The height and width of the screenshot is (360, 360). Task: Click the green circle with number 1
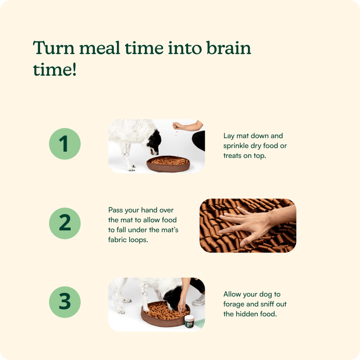[x=65, y=144]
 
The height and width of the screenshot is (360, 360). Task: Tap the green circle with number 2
[x=65, y=223]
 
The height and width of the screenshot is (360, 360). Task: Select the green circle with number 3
[x=65, y=302]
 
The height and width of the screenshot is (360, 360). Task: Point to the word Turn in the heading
[x=54, y=48]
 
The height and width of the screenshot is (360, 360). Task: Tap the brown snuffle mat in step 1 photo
[x=168, y=164]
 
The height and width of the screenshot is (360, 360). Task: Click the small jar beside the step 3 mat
[x=189, y=321]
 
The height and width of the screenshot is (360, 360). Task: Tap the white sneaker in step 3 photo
[x=199, y=300]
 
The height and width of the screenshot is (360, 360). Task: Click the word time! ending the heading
[x=54, y=69]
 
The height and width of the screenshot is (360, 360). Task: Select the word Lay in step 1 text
[x=229, y=136]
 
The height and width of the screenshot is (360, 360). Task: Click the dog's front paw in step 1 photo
[x=131, y=168]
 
